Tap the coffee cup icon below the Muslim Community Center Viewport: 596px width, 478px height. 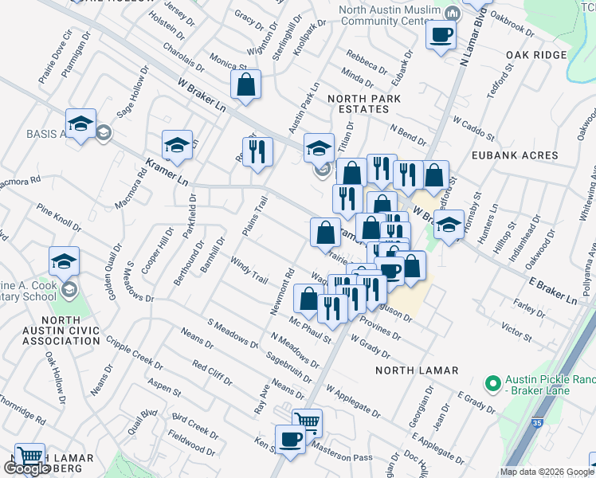(x=441, y=35)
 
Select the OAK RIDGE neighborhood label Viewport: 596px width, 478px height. (x=535, y=55)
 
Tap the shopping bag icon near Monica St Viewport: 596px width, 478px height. (x=246, y=84)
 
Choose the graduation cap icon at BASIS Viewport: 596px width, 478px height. (x=80, y=124)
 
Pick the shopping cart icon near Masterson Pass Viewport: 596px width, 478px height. (x=307, y=422)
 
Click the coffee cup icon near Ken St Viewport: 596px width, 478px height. (x=290, y=439)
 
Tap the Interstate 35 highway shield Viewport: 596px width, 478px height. (x=539, y=429)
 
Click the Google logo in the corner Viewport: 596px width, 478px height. (x=26, y=469)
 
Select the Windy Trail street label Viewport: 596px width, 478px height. (x=249, y=269)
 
